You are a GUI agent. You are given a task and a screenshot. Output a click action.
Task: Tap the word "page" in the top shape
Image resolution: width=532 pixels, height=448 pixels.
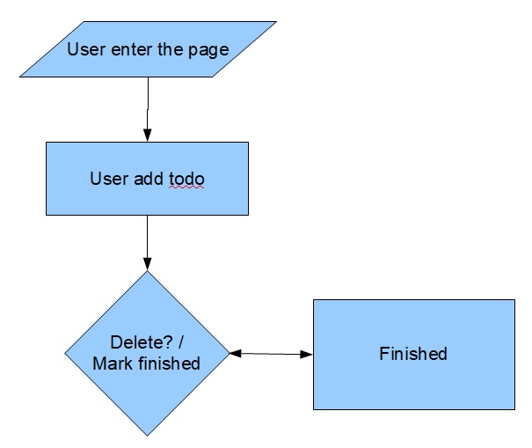tap(208, 49)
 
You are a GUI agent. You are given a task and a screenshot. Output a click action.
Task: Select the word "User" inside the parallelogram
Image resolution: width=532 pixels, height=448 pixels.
tap(84, 48)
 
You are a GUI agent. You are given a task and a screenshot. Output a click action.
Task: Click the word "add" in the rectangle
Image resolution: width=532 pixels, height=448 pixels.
tap(148, 179)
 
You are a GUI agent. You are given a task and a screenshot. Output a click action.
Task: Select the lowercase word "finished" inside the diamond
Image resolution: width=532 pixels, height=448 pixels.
tap(171, 363)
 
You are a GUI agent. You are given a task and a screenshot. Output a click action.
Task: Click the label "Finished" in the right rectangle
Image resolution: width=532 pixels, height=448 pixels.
tap(413, 354)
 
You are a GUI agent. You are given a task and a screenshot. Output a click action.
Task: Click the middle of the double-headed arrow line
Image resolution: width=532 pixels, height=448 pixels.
tap(271, 354)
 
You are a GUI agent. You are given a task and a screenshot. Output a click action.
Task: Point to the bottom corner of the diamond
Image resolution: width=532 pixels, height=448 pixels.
tap(147, 436)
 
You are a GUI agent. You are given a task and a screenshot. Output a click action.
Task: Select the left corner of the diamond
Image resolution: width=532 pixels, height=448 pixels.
tap(66, 354)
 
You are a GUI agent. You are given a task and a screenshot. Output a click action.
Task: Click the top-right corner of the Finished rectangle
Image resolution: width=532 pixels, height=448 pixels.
tap(514, 300)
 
